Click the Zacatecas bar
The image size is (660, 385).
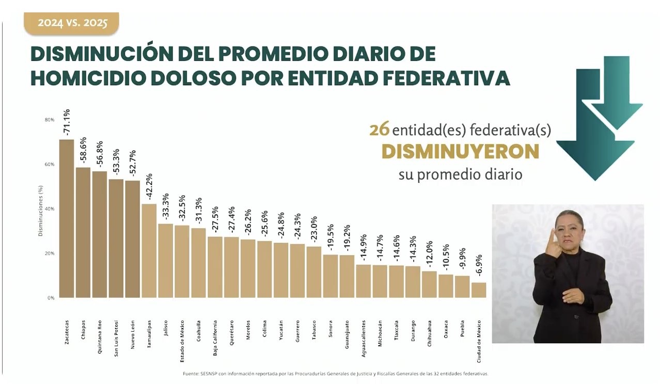(x=67, y=219)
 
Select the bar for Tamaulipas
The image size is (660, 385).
(x=149, y=251)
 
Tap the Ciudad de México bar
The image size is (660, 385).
(x=479, y=290)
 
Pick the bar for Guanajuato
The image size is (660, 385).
(x=347, y=277)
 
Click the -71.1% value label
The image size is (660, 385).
(x=67, y=123)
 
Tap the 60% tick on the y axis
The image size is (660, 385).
(x=50, y=165)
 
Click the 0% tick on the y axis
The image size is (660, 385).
(x=51, y=298)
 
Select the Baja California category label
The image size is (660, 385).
(x=215, y=338)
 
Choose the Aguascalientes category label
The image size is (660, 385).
(x=364, y=339)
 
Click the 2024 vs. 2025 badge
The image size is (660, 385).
(x=72, y=23)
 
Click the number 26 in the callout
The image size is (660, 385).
(x=379, y=130)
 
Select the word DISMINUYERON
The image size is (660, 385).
(x=460, y=152)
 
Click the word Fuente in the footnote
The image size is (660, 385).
(x=192, y=374)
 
